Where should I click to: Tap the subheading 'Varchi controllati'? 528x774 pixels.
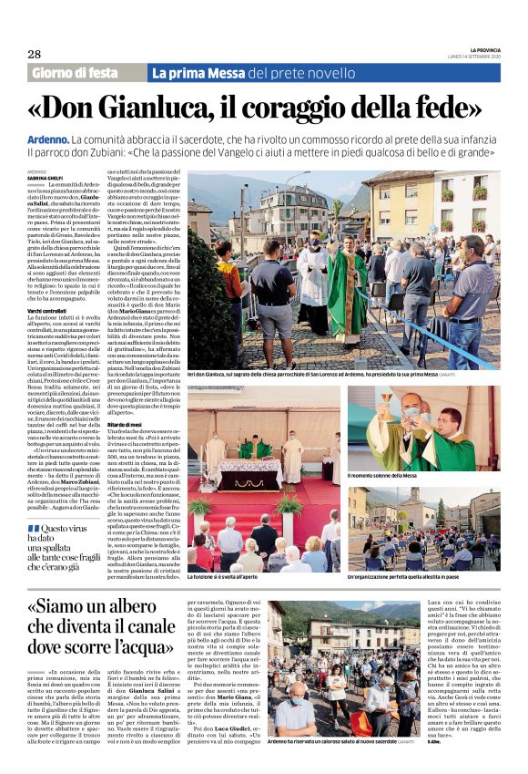pos(50,312)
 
